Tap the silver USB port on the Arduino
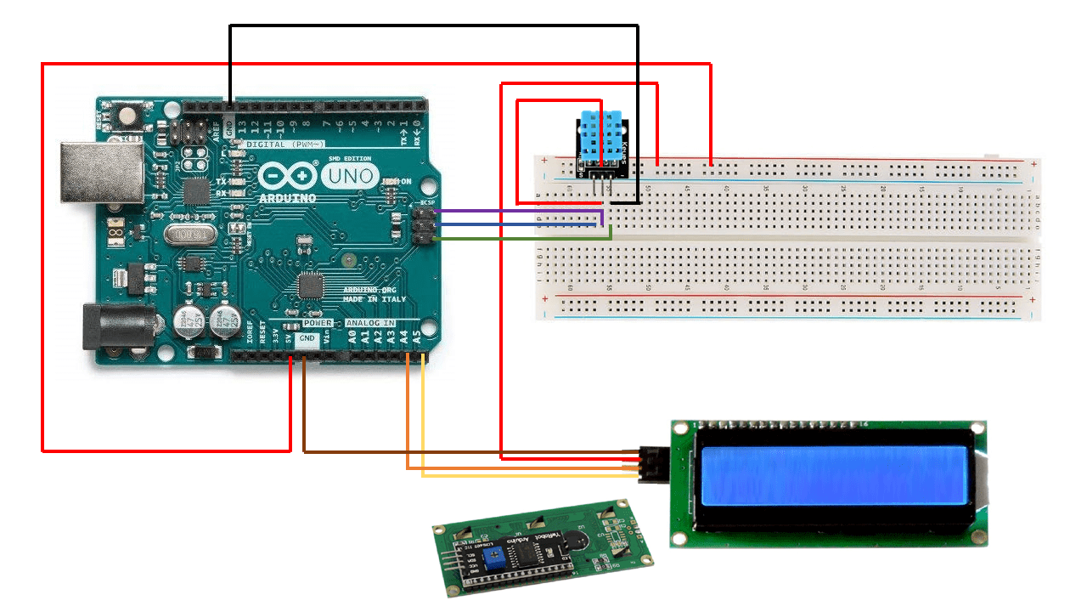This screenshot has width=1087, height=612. click(100, 174)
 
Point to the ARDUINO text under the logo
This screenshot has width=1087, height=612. click(288, 198)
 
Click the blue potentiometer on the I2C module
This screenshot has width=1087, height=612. click(491, 557)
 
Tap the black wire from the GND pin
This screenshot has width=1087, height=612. click(433, 26)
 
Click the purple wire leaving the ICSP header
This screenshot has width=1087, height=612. click(518, 211)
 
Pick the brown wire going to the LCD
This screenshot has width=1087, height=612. click(467, 451)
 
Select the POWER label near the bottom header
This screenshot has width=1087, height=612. click(318, 324)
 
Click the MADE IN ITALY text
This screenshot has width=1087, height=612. click(375, 299)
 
